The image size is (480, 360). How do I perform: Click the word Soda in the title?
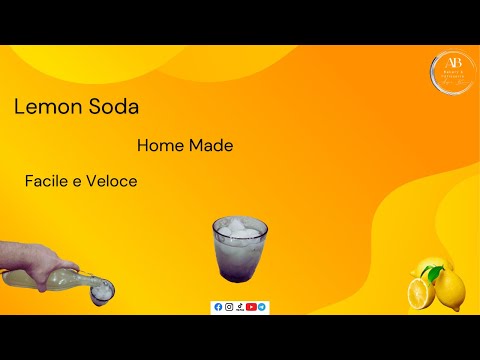tap(112, 108)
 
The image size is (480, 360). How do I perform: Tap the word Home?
tap(161, 145)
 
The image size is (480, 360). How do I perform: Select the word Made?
tap(212, 145)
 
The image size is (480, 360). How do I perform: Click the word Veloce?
tap(112, 182)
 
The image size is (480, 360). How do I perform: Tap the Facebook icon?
tap(218, 307)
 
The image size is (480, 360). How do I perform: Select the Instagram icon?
tap(229, 307)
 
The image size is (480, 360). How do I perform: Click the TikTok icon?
tap(240, 307)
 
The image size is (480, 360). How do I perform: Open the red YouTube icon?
tap(251, 307)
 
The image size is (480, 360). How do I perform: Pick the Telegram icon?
tap(262, 307)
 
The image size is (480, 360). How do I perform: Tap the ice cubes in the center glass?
tap(239, 229)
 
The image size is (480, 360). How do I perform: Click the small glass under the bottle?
tap(103, 292)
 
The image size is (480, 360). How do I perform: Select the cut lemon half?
tap(421, 294)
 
